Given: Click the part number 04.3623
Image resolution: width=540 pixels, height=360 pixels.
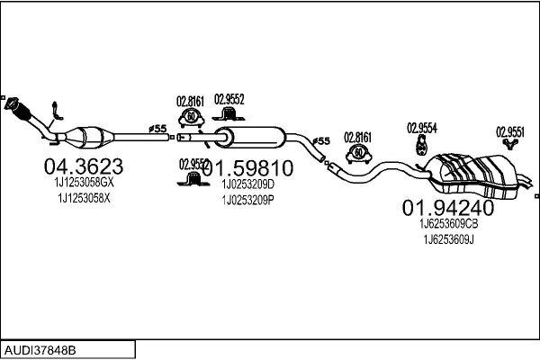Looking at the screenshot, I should click(x=84, y=166).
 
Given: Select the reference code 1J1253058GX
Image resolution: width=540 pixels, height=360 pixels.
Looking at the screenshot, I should click(x=84, y=183).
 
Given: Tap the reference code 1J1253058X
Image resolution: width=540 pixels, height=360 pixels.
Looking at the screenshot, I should click(x=84, y=197).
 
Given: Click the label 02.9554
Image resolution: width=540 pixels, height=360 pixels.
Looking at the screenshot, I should click(x=421, y=128).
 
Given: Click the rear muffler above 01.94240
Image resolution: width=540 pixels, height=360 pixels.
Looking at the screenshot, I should click(x=477, y=173).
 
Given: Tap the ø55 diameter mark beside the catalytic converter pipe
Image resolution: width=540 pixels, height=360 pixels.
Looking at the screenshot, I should click(x=157, y=129).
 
